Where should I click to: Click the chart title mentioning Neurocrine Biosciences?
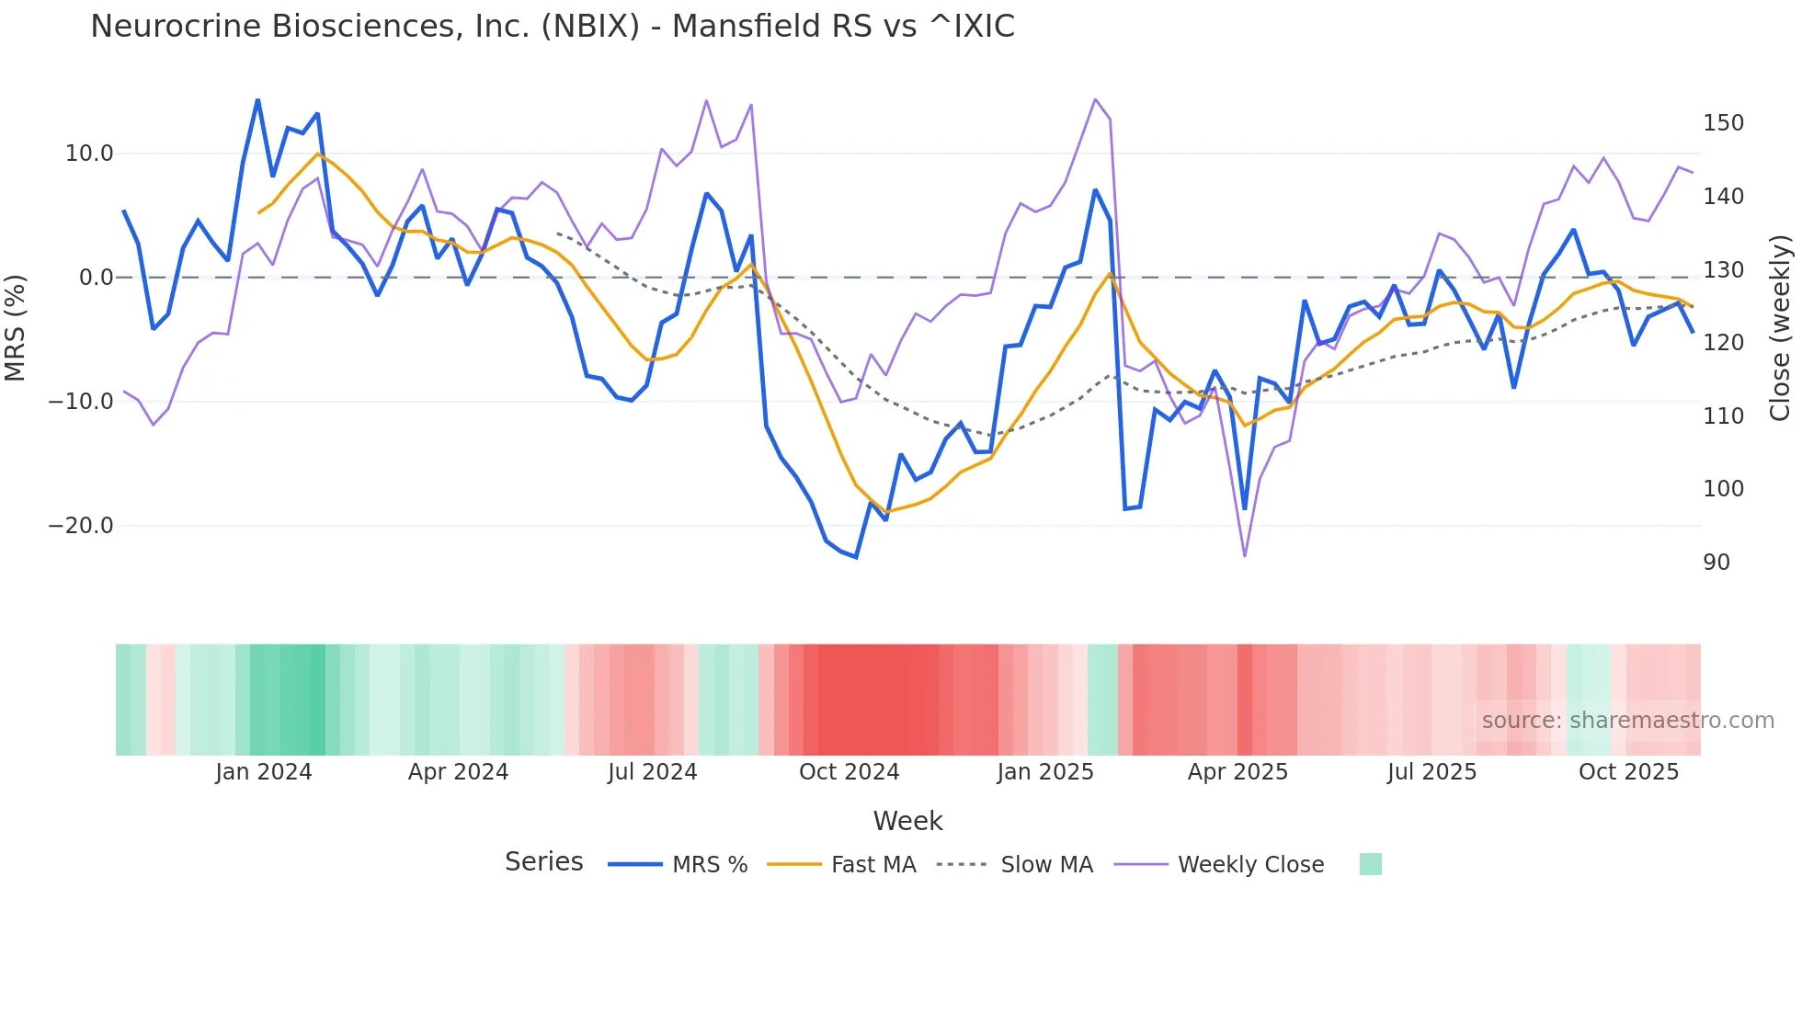(552, 27)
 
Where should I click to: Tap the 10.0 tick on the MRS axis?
(89, 154)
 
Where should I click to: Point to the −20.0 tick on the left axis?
(81, 526)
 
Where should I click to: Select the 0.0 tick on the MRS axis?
(96, 278)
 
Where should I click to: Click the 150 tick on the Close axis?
(1723, 123)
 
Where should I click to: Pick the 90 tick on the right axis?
(1716, 563)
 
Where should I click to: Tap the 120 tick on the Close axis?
(1723, 343)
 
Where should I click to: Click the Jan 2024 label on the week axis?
(264, 772)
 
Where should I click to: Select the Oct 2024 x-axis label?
(849, 772)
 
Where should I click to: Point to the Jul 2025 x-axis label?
(1431, 772)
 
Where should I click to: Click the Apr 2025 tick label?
(1237, 772)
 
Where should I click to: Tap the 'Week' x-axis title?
(907, 821)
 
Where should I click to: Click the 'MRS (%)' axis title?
(16, 327)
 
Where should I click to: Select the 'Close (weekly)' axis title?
(1780, 327)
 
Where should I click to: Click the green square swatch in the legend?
(1370, 864)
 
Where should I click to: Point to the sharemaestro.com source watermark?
(1627, 721)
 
